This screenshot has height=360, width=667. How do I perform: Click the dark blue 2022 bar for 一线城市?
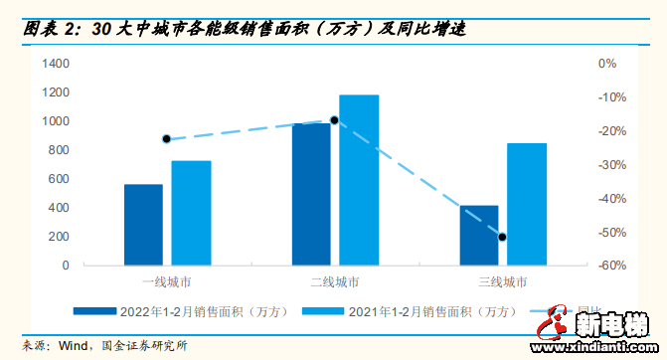pos(143,225)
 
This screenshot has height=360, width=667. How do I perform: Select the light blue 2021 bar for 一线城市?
pos(191,213)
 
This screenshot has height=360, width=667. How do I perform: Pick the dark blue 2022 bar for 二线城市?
pos(311,194)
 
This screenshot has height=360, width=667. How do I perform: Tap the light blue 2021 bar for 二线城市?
pos(359,180)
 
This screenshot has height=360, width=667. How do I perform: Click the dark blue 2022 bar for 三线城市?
pos(479,236)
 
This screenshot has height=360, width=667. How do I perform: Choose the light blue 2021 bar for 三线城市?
pos(527,204)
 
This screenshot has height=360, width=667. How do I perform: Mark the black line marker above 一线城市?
pos(166,139)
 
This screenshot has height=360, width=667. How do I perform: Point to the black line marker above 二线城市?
pos(335,120)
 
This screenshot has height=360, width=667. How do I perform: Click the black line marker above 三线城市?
pos(502,237)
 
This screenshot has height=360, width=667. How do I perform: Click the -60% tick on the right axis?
pos(610,267)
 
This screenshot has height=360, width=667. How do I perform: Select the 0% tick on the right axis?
pos(607,64)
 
